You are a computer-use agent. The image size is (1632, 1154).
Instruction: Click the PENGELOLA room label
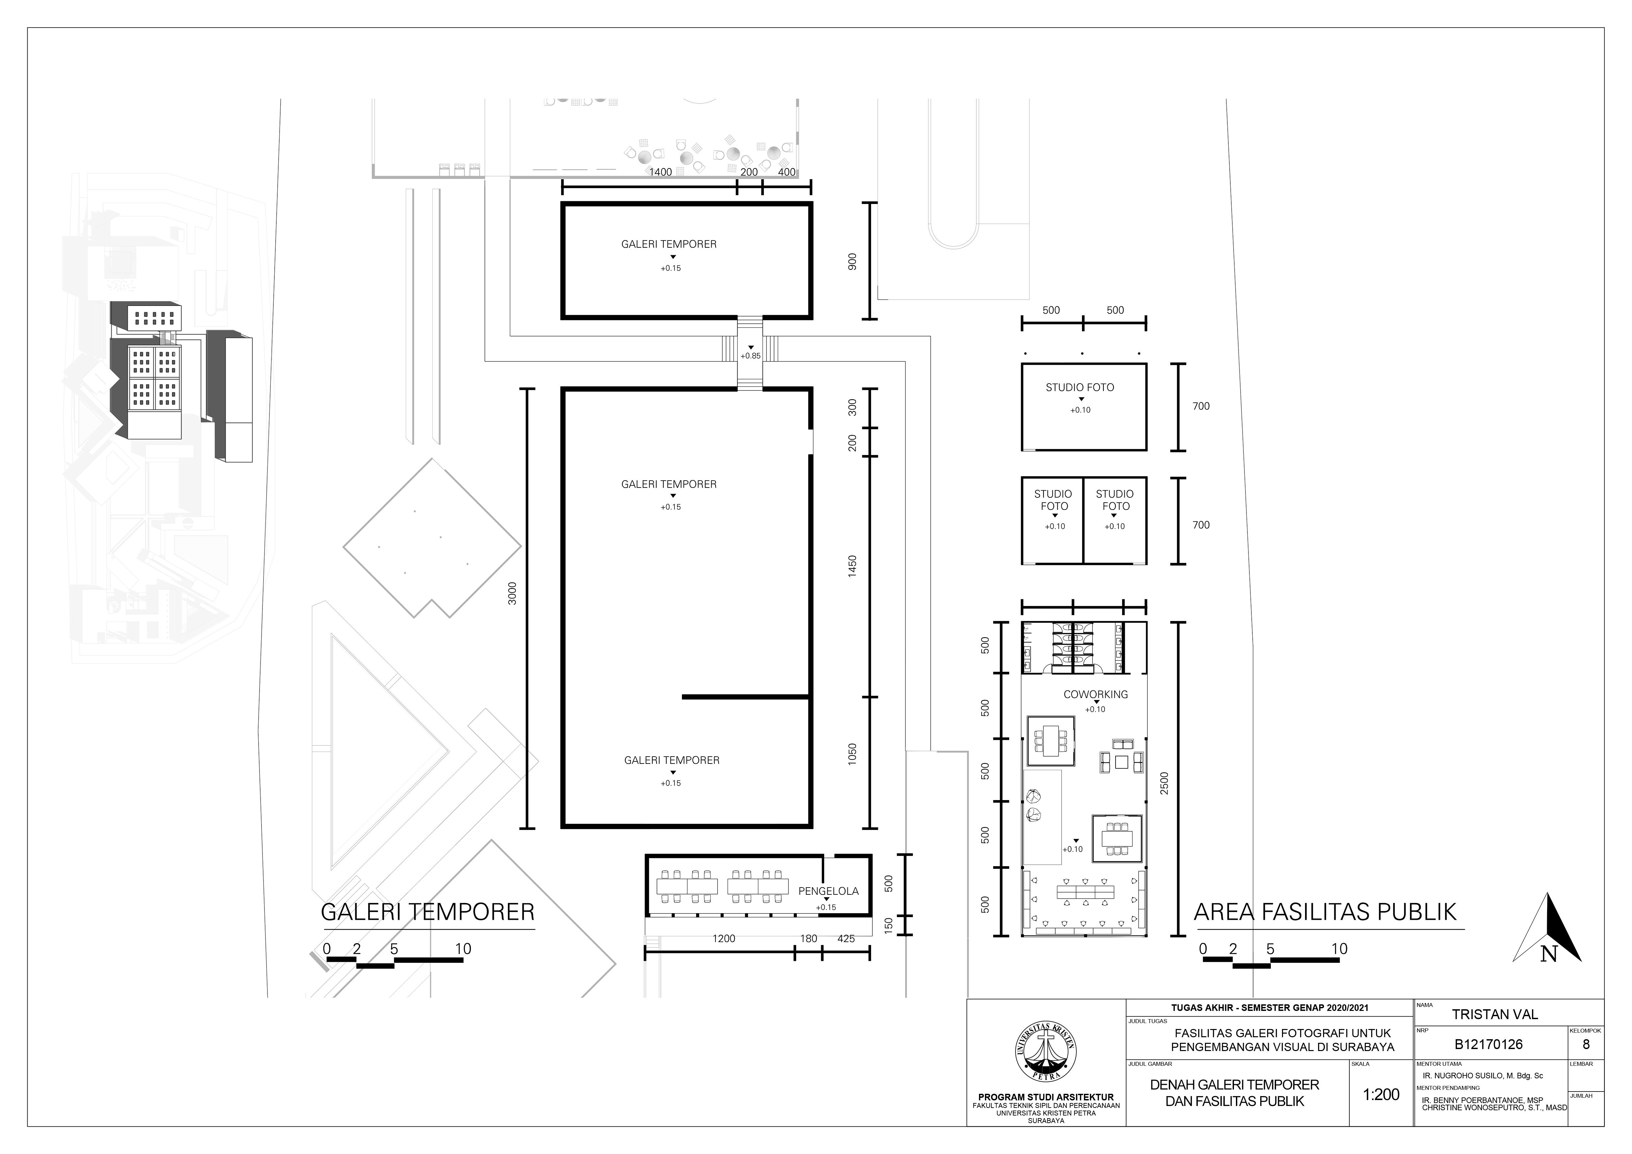click(828, 891)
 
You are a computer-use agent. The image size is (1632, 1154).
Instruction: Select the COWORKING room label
click(1095, 694)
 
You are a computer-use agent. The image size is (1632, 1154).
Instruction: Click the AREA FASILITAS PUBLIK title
click(1325, 912)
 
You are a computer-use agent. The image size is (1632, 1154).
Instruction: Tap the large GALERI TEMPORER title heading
click(428, 912)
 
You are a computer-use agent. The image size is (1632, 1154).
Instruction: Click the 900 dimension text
click(852, 262)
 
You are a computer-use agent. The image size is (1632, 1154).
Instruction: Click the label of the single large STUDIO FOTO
click(1080, 387)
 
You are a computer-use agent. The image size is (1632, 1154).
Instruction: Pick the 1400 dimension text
click(660, 172)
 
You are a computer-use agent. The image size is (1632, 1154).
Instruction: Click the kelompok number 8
click(1586, 1044)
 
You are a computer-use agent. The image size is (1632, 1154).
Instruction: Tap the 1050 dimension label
click(852, 754)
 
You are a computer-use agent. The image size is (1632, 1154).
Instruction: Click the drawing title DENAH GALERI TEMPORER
click(1235, 1085)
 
